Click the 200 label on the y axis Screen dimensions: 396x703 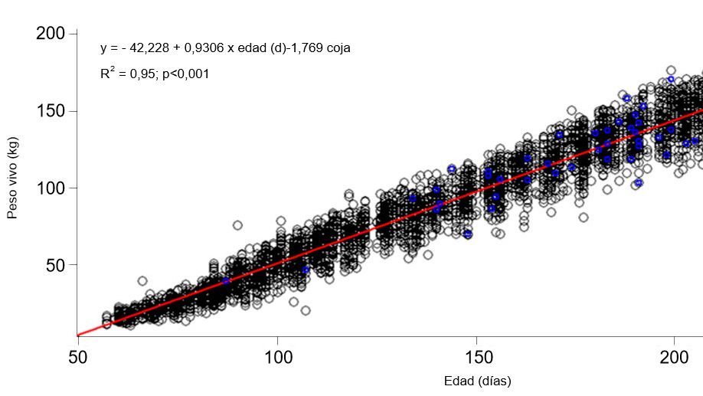(51, 34)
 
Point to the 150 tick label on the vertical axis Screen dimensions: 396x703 (51, 111)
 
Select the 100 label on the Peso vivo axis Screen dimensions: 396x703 (51, 188)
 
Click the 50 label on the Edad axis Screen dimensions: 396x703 (77, 358)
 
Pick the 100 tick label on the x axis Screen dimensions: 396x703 (277, 358)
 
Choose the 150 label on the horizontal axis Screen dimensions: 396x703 (476, 358)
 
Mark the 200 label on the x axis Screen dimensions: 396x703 (675, 358)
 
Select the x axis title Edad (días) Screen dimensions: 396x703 (477, 381)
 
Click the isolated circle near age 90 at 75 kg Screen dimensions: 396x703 (237, 225)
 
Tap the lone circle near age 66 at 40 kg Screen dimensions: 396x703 (142, 281)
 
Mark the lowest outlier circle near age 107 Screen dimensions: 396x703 (306, 310)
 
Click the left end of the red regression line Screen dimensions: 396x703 (78, 335)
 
